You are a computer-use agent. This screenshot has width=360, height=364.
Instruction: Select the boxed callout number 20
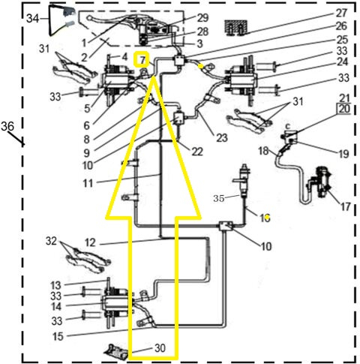click(343, 108)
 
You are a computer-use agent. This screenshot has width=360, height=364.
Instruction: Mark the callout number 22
click(197, 152)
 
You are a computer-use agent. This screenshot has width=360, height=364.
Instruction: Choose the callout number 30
click(160, 347)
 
